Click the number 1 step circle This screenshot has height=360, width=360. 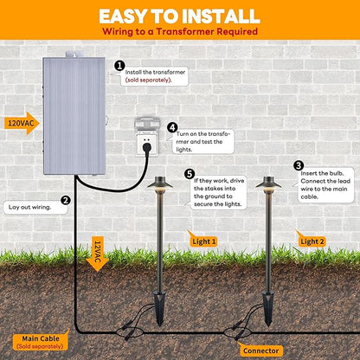[119, 66]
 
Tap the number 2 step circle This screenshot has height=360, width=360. [66, 200]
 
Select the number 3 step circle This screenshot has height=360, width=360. [299, 166]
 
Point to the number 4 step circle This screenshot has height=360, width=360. [172, 127]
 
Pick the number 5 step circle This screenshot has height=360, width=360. [190, 174]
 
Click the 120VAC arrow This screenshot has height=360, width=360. [22, 124]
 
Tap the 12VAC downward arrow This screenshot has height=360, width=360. [97, 254]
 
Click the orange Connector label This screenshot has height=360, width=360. [260, 350]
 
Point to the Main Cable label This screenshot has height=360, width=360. [41, 341]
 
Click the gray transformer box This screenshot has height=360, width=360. [74, 115]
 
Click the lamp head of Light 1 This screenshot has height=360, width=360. [160, 183]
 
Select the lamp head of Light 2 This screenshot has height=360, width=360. [268, 183]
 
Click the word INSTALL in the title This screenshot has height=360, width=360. [221, 16]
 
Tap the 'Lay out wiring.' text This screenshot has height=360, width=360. [29, 207]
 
